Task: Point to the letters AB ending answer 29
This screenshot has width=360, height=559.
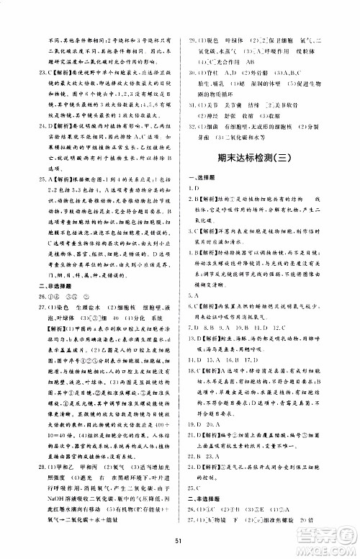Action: (275, 63)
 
